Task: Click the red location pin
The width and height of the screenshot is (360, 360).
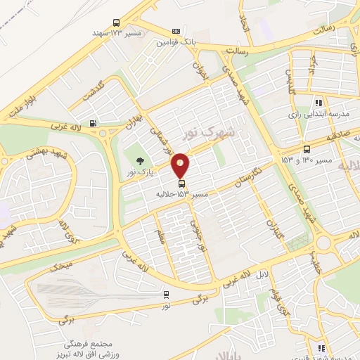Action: [181, 166]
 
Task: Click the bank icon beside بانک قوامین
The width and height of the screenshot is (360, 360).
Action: [176, 32]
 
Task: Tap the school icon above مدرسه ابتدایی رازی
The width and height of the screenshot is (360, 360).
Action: [319, 103]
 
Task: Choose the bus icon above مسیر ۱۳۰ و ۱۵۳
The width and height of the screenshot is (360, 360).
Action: [307, 149]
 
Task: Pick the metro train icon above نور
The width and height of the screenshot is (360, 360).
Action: [166, 295]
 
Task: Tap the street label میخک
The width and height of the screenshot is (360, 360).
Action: [61, 266]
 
